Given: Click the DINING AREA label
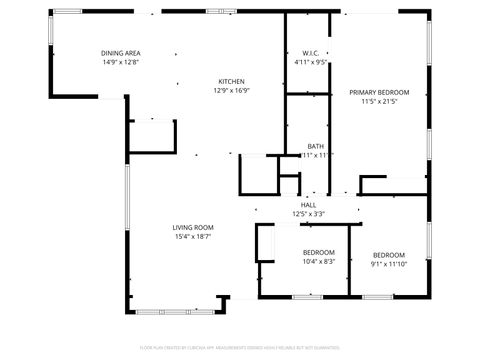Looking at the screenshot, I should [x=120, y=52].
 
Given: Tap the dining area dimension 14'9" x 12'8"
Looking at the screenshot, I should [x=120, y=62].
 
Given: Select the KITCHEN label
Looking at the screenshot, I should [x=232, y=81].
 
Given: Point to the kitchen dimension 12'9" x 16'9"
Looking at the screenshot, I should [x=232, y=91].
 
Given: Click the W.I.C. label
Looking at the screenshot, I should [x=310, y=52].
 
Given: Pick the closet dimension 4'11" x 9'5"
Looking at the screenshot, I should [x=310, y=62].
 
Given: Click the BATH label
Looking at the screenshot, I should [x=315, y=145].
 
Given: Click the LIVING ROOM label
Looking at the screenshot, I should [x=193, y=227].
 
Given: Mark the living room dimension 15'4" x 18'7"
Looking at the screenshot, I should [x=193, y=237].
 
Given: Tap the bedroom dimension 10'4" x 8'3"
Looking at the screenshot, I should [x=319, y=262].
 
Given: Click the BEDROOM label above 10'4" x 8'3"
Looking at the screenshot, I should [x=319, y=252].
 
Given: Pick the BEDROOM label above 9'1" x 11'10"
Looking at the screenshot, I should [x=389, y=255].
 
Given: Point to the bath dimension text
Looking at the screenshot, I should [x=316, y=155].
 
